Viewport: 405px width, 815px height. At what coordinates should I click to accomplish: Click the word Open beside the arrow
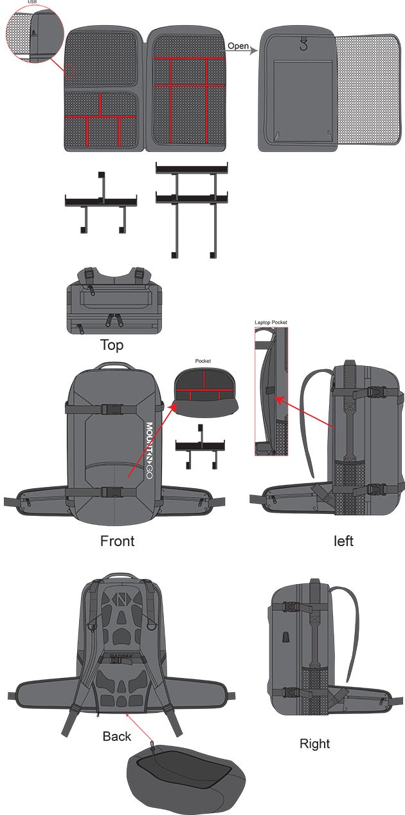239,46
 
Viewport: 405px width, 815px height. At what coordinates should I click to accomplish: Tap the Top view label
111,345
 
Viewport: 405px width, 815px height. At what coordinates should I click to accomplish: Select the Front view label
117,540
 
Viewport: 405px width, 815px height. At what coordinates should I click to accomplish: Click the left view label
343,541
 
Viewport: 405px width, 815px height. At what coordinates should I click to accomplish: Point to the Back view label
116,736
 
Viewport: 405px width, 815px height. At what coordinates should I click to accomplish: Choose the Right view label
314,744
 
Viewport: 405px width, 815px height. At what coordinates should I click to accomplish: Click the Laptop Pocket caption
271,322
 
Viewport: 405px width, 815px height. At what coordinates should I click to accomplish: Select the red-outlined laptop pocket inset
271,391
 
